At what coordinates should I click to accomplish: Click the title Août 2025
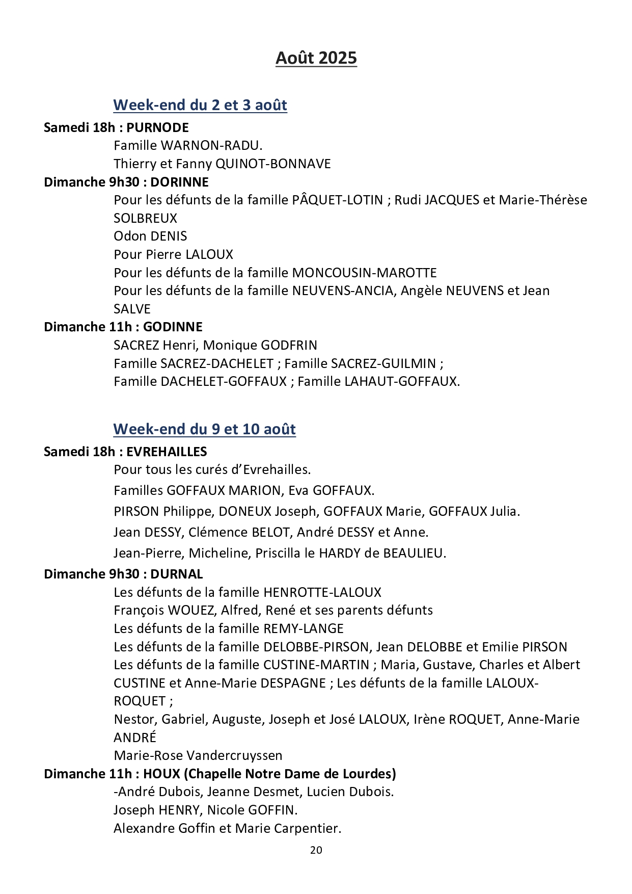pos(316,58)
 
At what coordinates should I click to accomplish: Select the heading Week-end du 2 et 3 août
pos(200,105)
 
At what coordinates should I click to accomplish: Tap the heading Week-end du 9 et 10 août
pos(204,429)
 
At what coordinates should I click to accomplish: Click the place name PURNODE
pos(157,127)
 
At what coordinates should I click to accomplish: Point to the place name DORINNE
pos(179,182)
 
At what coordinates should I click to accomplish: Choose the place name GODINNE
pos(173,327)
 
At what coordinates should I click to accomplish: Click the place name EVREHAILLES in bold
pos(167,452)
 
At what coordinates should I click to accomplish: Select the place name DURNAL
pos(177,574)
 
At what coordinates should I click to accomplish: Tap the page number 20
pos(316,850)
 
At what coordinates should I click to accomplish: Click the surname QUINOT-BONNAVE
pos(273,164)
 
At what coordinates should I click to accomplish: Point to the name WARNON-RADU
pos(211,146)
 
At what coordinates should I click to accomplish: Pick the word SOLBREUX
pos(145,218)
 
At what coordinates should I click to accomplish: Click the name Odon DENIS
pos(150,236)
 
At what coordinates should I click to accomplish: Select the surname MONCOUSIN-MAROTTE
pos(364,273)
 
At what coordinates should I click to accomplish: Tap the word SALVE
pos(132,309)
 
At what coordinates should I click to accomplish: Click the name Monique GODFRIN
pos(260,345)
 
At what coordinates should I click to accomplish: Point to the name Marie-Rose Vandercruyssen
pos(198,755)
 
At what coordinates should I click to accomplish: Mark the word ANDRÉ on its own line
pos(134,738)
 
